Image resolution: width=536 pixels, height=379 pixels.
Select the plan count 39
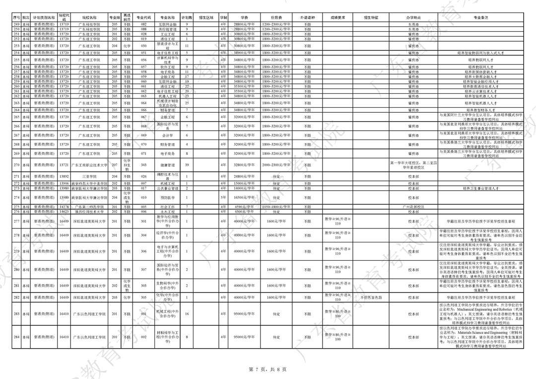coord(187,165)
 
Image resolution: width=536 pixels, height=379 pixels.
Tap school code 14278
coord(64,207)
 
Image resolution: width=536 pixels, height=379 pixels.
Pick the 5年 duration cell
coord(224,197)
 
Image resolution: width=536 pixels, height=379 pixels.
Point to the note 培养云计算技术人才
coord(481,92)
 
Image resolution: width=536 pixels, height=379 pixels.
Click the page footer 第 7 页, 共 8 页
coord(268,369)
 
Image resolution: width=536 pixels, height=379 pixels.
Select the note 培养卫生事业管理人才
coord(481,189)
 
